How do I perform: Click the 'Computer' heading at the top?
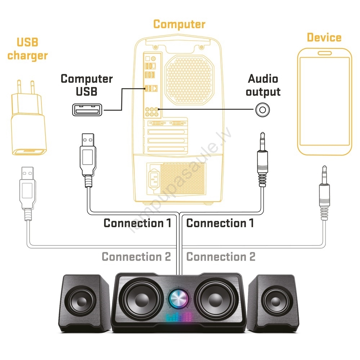[x=179, y=24]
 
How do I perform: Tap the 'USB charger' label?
[x=28, y=49]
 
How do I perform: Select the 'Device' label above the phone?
[x=324, y=37]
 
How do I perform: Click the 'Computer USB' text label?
[x=86, y=85]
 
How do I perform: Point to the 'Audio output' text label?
[x=263, y=85]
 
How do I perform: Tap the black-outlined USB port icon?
[x=87, y=109]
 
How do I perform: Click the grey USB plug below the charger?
[x=28, y=191]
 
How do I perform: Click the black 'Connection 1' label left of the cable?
[x=137, y=223]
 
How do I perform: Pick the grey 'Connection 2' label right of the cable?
[x=221, y=257]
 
